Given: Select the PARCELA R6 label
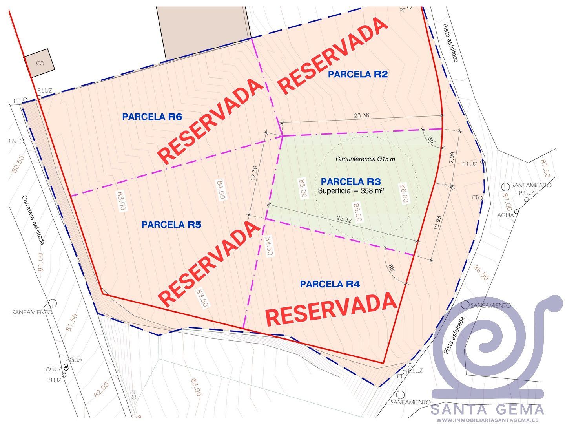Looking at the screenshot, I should (152, 117).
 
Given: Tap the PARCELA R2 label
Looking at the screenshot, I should (358, 74).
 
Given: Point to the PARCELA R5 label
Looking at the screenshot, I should (171, 225).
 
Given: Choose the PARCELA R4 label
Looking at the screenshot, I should (330, 284).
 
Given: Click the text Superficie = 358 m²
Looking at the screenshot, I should (351, 191).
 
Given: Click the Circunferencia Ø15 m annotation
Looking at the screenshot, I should (365, 159).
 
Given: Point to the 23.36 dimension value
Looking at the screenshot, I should (361, 115).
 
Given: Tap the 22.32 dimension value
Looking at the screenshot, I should (344, 219).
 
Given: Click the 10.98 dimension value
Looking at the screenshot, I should (438, 225).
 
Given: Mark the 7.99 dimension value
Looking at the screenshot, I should (452, 158).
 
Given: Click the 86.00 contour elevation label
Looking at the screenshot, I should (403, 194).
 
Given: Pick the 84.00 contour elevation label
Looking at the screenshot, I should (221, 190).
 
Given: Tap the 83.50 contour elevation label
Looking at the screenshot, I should (202, 299).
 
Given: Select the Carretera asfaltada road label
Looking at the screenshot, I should (34, 220).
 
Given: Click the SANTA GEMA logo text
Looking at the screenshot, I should (487, 409).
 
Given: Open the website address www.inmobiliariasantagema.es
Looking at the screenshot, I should (487, 420).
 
